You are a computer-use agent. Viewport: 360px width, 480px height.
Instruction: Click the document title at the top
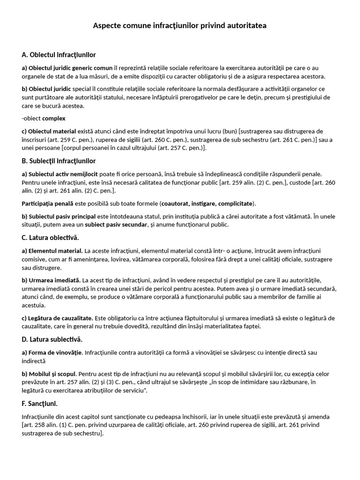pyautogui.click(x=180, y=26)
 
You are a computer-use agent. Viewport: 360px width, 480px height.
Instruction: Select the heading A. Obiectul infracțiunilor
pyautogui.click(x=59, y=55)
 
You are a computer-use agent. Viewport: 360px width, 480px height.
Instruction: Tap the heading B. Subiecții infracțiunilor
pyautogui.click(x=59, y=161)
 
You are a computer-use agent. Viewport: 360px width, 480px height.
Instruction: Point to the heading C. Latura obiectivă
pyautogui.click(x=50, y=238)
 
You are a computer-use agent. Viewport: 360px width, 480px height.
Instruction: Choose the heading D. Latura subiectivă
pyautogui.click(x=52, y=339)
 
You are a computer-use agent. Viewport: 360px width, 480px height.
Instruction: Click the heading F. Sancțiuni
pyautogui.click(x=40, y=403)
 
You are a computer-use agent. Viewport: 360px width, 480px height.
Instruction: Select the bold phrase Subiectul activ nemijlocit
pyautogui.click(x=60, y=174)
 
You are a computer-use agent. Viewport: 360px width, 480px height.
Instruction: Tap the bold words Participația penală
pyautogui.click(x=47, y=203)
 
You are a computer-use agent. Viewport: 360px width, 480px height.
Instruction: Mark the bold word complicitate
pyautogui.click(x=234, y=203)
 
